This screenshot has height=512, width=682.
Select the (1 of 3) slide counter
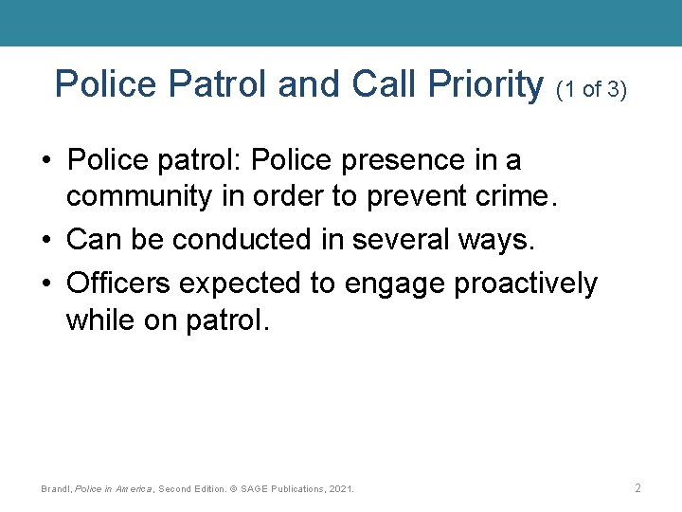tap(592, 90)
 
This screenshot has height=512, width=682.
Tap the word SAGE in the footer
tap(255, 489)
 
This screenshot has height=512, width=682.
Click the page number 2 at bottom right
tap(637, 488)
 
